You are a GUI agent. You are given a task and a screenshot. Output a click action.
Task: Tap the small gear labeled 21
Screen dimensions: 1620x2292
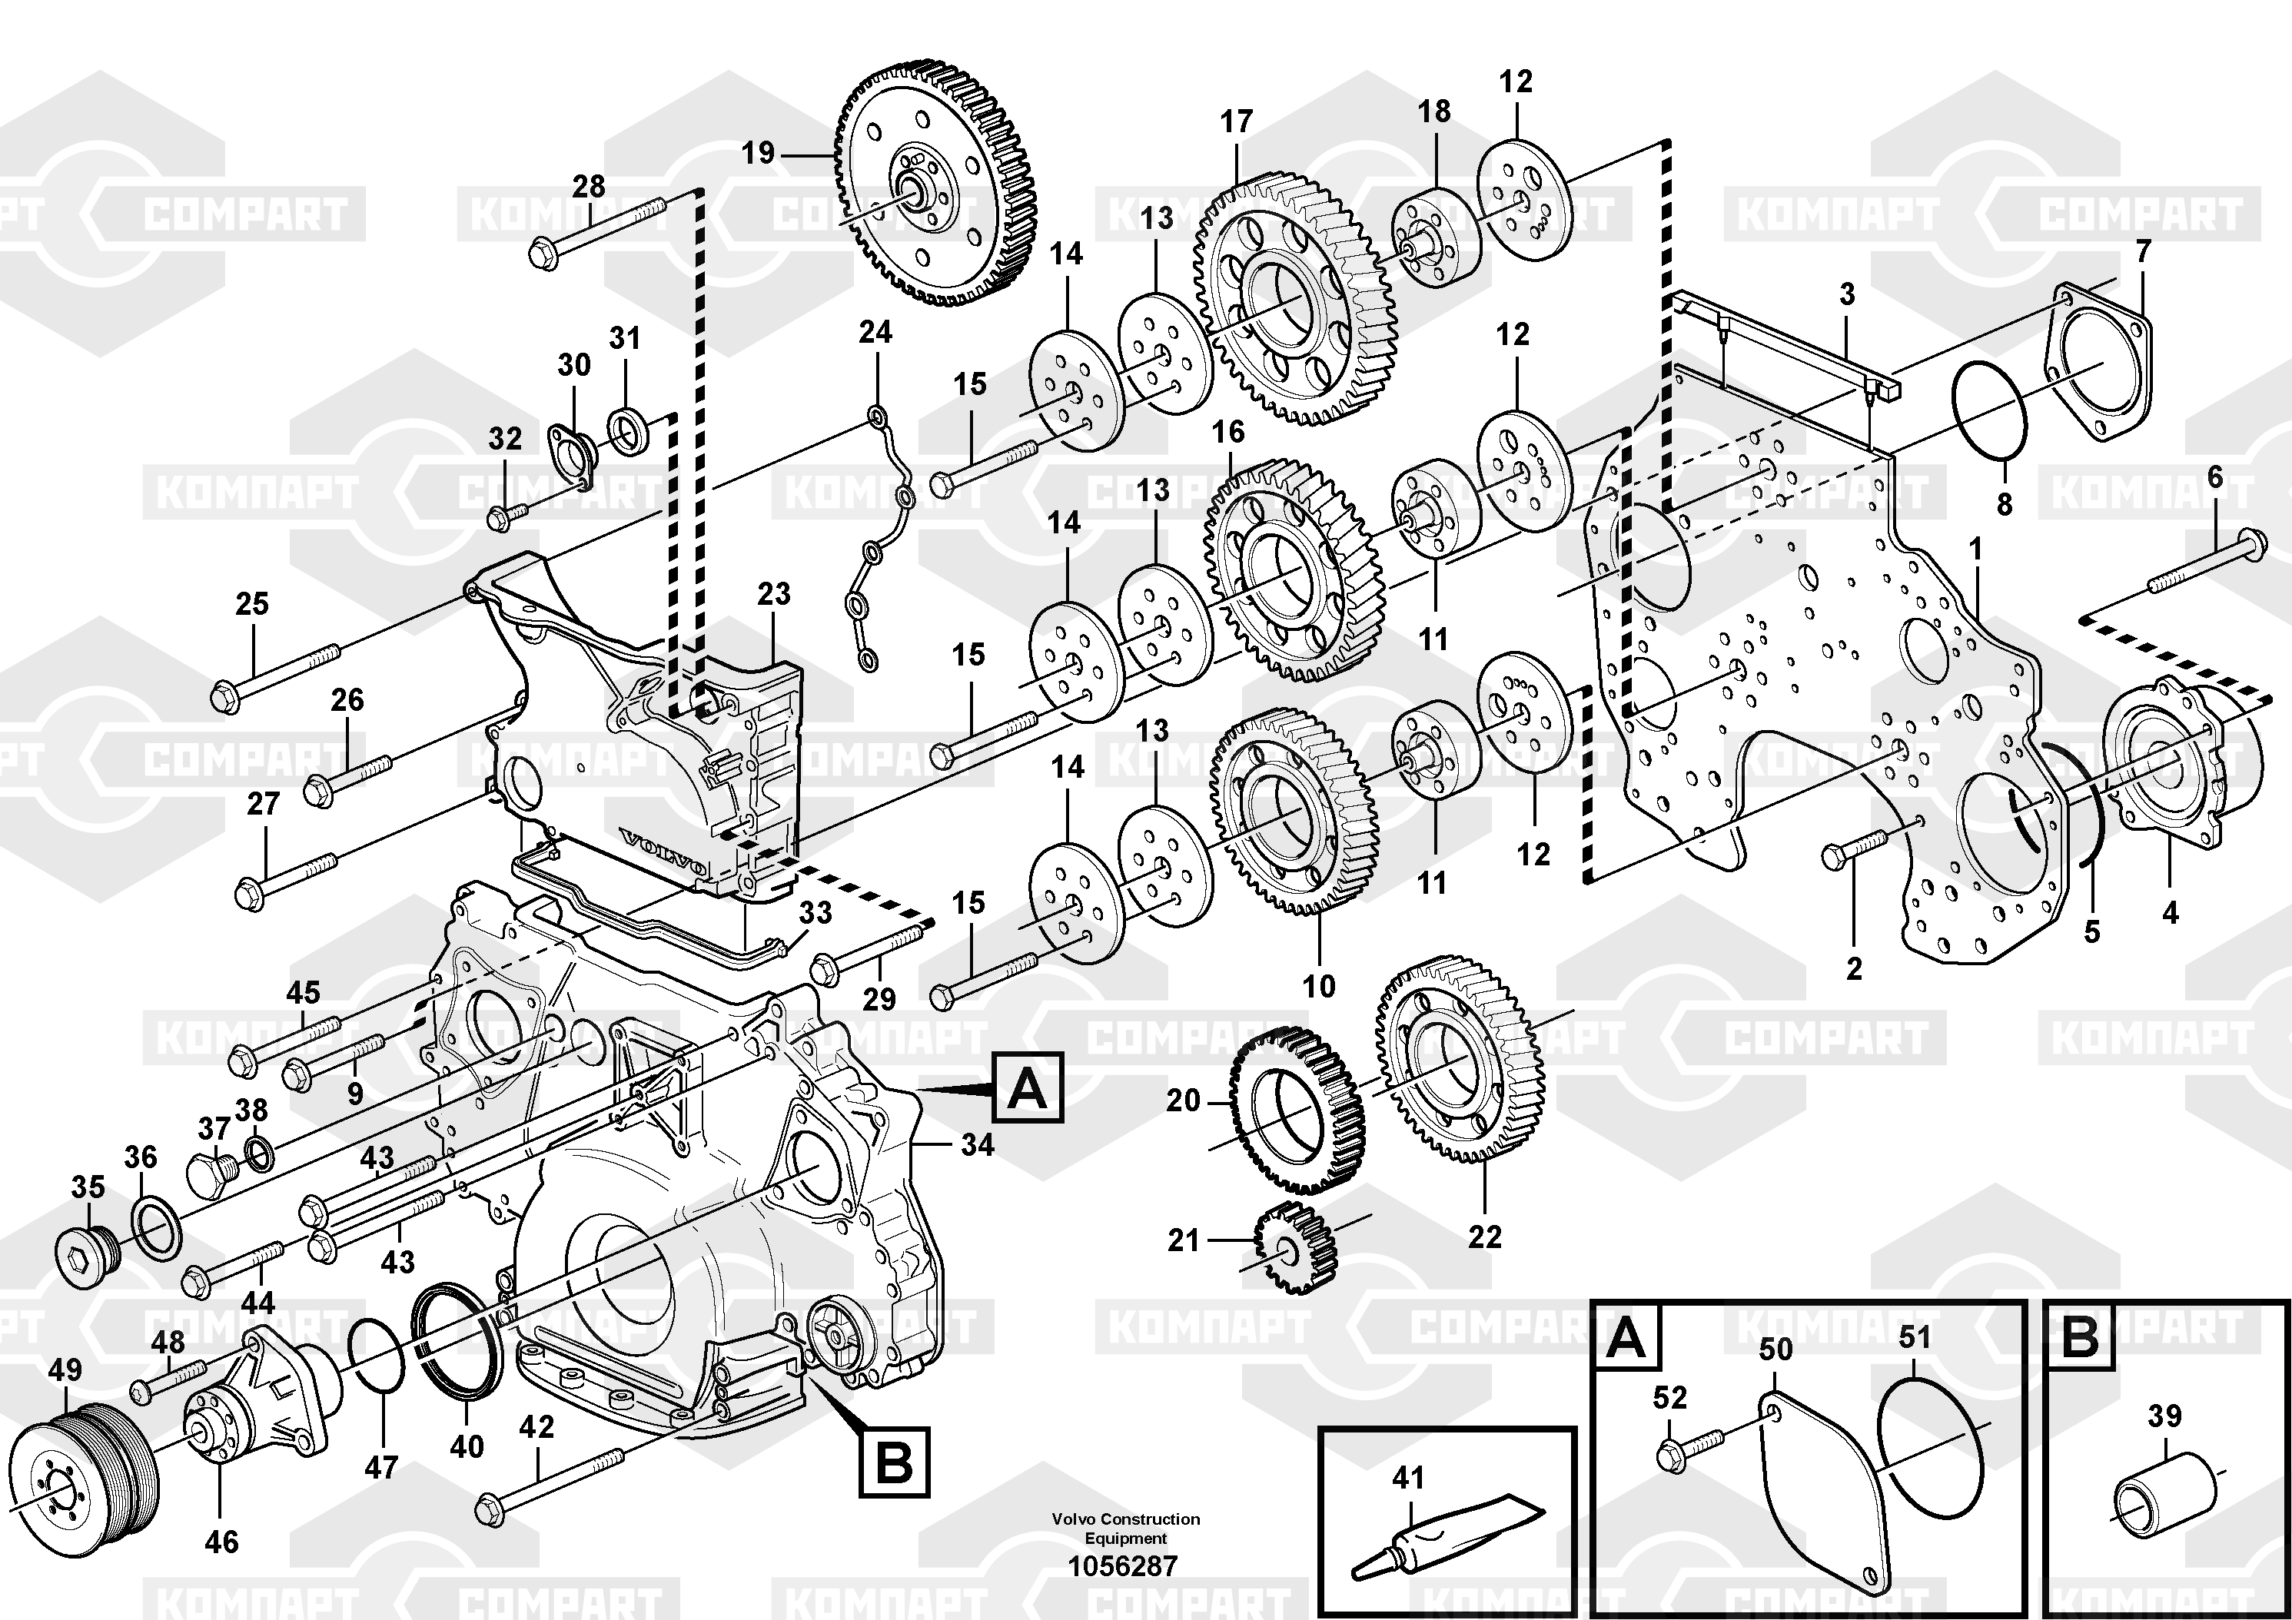click(1290, 1248)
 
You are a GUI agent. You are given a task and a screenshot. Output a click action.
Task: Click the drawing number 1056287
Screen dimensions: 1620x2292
click(1123, 1566)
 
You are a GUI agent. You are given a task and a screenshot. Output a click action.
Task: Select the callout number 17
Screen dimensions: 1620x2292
click(1236, 121)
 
